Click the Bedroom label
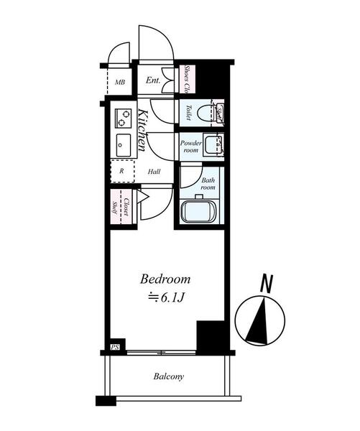pyautogui.click(x=165, y=279)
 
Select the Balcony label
pyautogui.click(x=168, y=376)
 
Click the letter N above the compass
pyautogui.click(x=267, y=284)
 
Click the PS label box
pyautogui.click(x=114, y=348)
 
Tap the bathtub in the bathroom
pyautogui.click(x=200, y=213)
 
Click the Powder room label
pyautogui.click(x=190, y=147)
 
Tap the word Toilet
pyautogui.click(x=188, y=113)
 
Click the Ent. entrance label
pyautogui.click(x=153, y=80)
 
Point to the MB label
pyautogui.click(x=119, y=83)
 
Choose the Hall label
pyautogui.click(x=154, y=172)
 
